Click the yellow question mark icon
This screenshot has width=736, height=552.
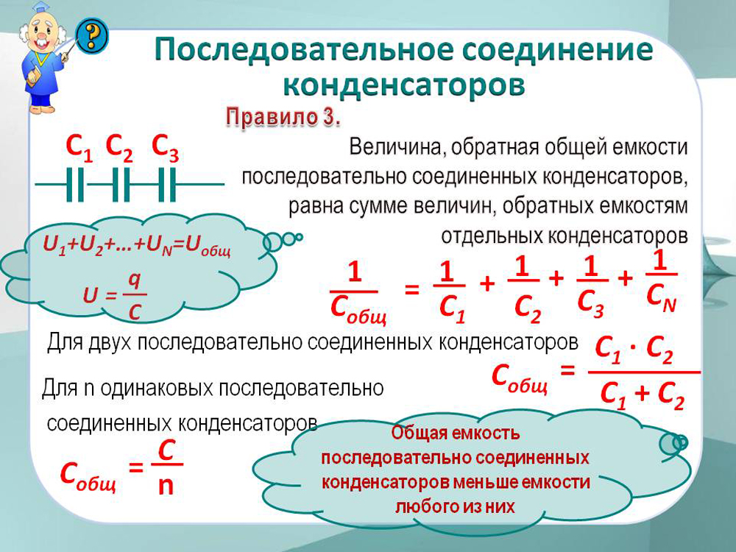93,35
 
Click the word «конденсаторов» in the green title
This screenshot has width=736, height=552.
404,85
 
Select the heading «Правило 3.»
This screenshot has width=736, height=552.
283,117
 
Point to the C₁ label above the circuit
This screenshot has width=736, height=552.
79,147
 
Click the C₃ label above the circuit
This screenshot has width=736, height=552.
165,147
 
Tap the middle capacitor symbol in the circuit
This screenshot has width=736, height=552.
121,185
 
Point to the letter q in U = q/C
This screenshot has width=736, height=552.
134,280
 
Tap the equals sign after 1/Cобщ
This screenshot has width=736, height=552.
411,289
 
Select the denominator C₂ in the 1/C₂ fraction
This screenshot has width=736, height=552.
528,309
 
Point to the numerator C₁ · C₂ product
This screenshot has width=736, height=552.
634,350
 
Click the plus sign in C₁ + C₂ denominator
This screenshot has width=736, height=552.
642,393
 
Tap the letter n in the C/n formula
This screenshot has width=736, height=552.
166,486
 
